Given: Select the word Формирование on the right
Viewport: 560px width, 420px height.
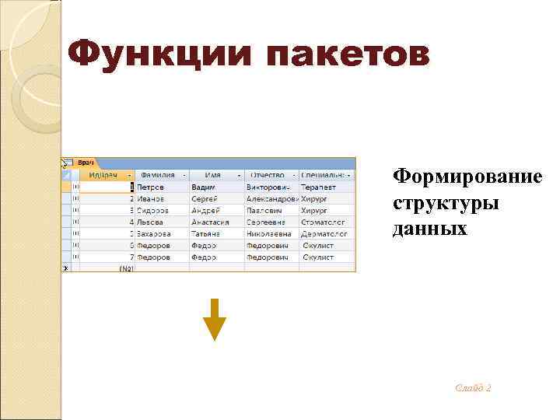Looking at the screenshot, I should pyautogui.click(x=467, y=177).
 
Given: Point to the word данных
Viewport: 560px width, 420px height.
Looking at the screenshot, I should pyautogui.click(x=429, y=228).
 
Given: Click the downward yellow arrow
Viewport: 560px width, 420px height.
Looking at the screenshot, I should pyautogui.click(x=214, y=319).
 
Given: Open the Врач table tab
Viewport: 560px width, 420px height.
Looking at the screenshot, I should pyautogui.click(x=86, y=163).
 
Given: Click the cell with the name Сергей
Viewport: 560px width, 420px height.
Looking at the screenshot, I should pyautogui.click(x=205, y=199).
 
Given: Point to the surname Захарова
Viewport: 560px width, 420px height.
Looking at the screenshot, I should pyautogui.click(x=156, y=233).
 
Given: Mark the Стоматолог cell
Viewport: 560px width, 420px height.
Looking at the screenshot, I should pyautogui.click(x=323, y=222).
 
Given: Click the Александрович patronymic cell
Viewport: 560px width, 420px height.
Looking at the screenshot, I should pyautogui.click(x=271, y=199).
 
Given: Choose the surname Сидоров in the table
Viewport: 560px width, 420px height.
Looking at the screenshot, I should pyautogui.click(x=154, y=210).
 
